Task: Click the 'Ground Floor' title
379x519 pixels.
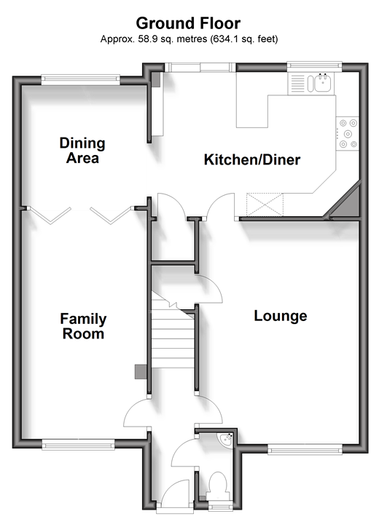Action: (x=188, y=23)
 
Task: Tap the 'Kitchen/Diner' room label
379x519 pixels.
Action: (x=252, y=159)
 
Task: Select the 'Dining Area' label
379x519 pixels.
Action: (x=82, y=150)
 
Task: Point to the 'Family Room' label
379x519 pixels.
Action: (x=83, y=326)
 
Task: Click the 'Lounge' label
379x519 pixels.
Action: (x=281, y=316)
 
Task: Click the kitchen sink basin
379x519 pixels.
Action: (x=322, y=84)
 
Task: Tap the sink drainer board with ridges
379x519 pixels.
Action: (x=297, y=84)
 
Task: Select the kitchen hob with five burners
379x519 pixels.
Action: (x=348, y=134)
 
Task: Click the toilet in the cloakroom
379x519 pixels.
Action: (x=218, y=486)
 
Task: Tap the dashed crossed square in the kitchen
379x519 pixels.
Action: (x=265, y=205)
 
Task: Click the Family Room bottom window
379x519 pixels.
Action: (x=78, y=445)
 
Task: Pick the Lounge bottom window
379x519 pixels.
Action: (x=305, y=450)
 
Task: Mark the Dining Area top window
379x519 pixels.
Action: (x=81, y=79)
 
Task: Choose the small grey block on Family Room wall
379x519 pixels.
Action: (x=141, y=372)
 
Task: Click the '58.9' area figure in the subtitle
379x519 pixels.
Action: (x=148, y=39)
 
